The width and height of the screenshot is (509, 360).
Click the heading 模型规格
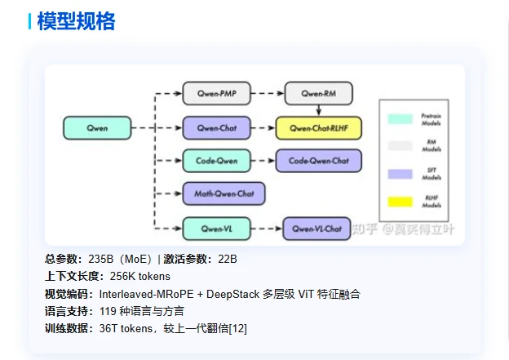76,22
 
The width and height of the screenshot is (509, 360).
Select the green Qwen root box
96,128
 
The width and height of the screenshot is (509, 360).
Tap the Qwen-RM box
319,94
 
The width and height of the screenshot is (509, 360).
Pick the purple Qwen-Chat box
216,128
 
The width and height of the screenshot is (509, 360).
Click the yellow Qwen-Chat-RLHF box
318,128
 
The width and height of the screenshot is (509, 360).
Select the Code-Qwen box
216,161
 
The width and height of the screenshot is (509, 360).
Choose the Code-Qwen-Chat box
318,161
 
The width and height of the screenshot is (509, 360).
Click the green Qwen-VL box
216,228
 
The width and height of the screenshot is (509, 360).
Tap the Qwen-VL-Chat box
317,229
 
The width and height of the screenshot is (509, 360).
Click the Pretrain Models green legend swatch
401,120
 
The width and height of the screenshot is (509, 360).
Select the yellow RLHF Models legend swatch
401,201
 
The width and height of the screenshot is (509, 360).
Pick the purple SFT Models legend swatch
401,174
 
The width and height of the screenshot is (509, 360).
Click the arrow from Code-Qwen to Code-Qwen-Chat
263,161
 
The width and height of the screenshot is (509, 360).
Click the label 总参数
61,259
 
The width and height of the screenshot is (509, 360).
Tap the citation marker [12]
237,328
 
